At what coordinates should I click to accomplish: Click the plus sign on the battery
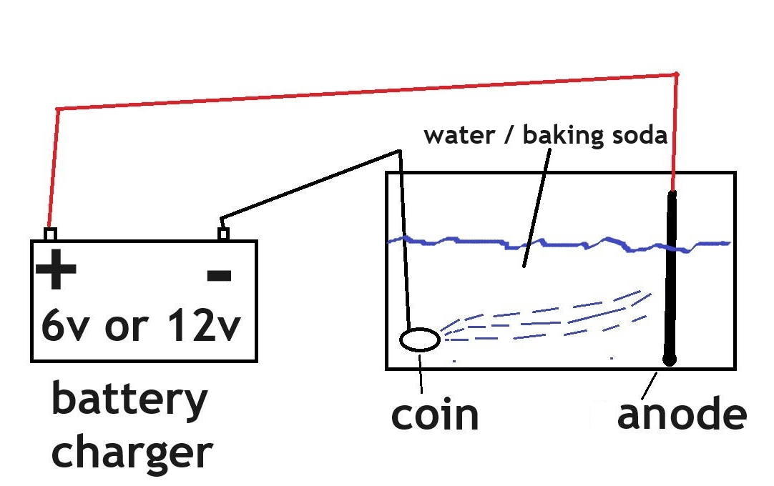point(56,269)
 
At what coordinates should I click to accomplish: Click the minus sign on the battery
point(219,275)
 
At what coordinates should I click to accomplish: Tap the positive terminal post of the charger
point(50,234)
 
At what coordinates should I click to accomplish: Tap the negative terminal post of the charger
point(224,234)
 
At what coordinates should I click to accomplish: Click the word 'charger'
point(132,453)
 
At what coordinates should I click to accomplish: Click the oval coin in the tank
point(420,339)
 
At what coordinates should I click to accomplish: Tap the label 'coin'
point(435,415)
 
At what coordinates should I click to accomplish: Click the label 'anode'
point(682,415)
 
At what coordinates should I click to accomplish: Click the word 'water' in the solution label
point(459,135)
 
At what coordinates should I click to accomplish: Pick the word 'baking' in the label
point(564,134)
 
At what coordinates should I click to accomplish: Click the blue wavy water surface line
point(558,244)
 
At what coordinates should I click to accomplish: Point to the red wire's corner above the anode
point(676,74)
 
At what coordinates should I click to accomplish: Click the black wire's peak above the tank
point(399,151)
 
